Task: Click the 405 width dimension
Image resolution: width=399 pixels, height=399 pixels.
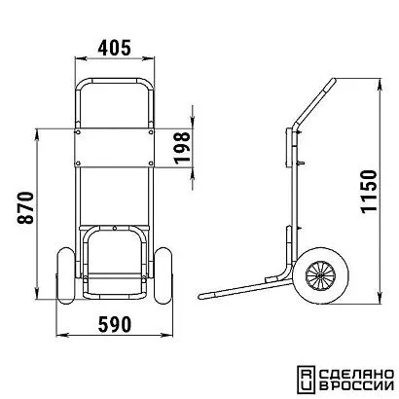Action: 115,48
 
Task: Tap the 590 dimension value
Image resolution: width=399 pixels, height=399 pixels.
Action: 115,324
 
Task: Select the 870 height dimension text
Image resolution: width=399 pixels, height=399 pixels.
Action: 25,208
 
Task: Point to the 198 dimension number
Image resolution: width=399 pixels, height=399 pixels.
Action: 182,148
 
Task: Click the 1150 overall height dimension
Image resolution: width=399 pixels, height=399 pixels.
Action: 369,192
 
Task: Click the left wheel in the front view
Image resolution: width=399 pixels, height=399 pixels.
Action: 66,276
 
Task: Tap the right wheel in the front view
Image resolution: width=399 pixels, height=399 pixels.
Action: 163,276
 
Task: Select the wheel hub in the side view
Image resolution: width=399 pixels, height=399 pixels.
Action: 320,275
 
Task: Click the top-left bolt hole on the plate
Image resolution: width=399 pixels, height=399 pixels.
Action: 78,132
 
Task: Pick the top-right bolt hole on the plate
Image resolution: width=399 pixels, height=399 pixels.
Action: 151,132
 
